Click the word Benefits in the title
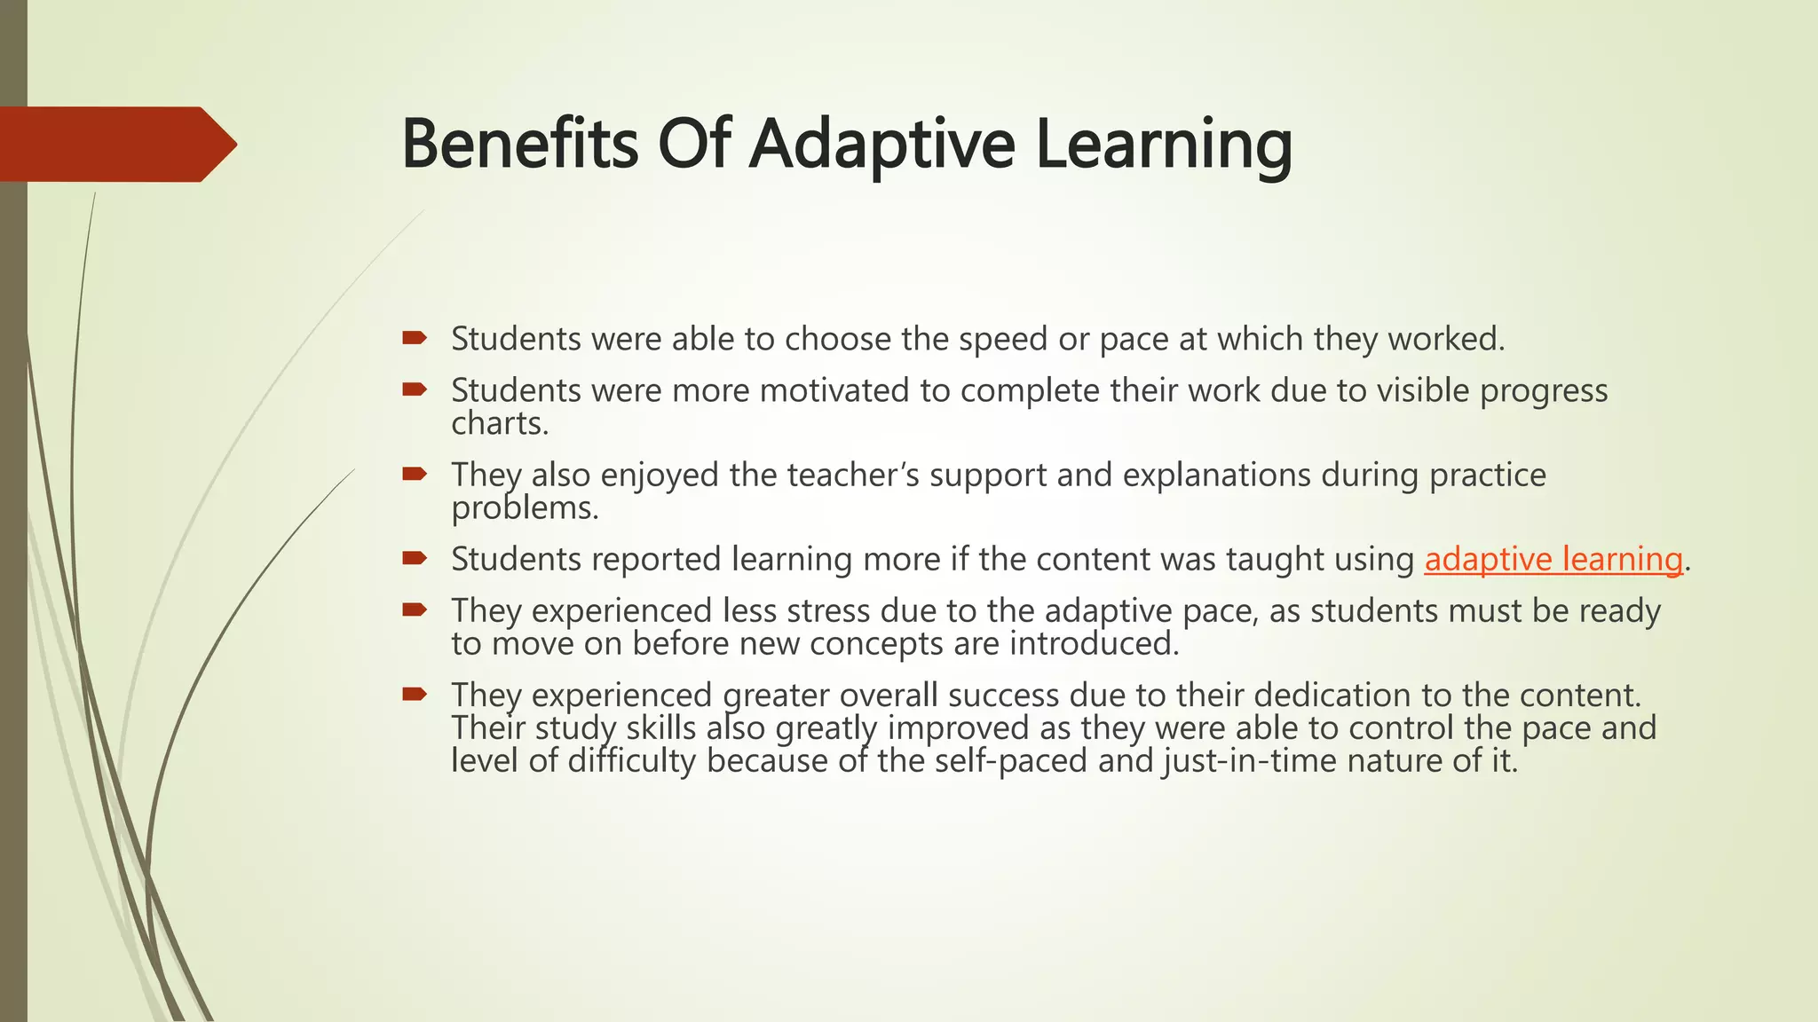[x=519, y=144]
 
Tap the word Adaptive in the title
[x=881, y=144]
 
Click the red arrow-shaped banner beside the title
[x=115, y=144]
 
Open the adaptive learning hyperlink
[x=1553, y=560]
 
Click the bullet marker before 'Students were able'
[x=415, y=337]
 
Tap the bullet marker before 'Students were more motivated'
[x=415, y=389]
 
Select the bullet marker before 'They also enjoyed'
[x=415, y=474]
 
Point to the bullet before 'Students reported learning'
[x=415, y=558]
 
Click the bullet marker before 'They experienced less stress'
[x=415, y=609]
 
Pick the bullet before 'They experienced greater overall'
[x=415, y=694]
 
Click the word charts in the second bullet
[x=500, y=424]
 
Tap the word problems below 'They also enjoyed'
[x=525, y=508]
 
